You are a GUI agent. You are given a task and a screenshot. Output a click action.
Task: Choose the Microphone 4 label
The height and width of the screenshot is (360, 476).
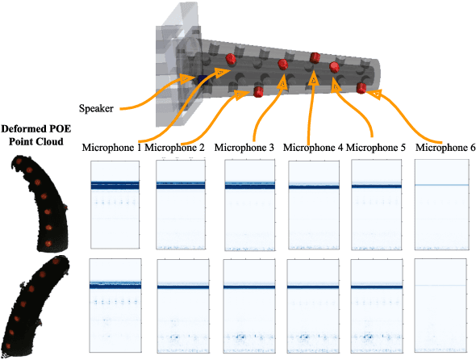click(x=314, y=148)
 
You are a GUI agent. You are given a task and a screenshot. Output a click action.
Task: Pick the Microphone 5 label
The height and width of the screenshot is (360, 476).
click(x=376, y=148)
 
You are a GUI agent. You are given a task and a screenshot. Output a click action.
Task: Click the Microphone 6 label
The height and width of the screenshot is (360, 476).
click(x=445, y=148)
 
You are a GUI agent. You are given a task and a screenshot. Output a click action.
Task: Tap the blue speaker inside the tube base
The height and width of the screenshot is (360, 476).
click(x=194, y=76)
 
